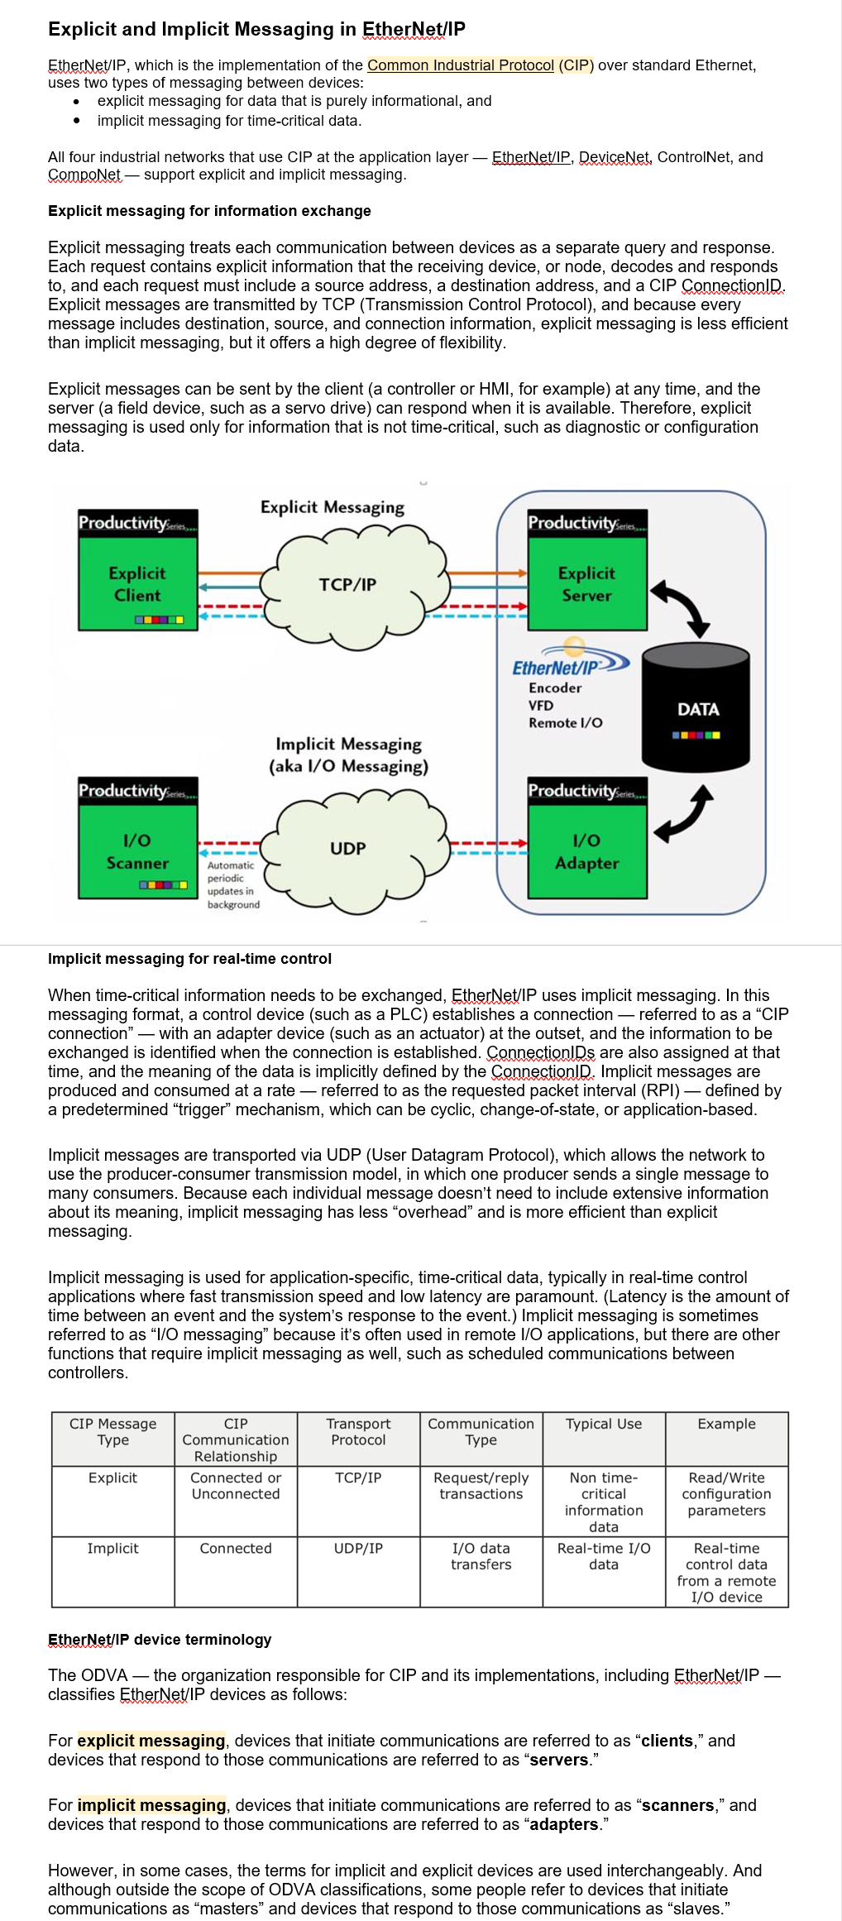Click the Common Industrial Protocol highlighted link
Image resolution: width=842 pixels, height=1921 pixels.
(460, 65)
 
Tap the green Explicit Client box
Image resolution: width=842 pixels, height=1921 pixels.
(138, 583)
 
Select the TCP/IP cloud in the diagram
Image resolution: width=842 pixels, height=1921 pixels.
(348, 585)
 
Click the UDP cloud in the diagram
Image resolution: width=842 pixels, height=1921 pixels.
(348, 849)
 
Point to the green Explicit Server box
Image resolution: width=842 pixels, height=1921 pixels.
(587, 583)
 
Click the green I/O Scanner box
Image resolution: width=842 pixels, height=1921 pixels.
(138, 851)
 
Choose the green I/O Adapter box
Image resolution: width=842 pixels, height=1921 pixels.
(587, 851)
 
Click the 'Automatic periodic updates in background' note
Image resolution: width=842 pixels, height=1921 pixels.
(232, 884)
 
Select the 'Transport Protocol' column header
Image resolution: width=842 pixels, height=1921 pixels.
(358, 1432)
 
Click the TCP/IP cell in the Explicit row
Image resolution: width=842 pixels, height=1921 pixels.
(358, 1478)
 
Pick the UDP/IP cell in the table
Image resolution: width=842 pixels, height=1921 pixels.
(358, 1548)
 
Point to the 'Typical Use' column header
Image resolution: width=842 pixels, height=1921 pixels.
(604, 1424)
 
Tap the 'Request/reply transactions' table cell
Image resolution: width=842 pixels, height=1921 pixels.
(481, 1486)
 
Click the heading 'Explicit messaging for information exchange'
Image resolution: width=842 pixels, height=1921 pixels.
(209, 211)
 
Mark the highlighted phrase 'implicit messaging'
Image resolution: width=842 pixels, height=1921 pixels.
(151, 1805)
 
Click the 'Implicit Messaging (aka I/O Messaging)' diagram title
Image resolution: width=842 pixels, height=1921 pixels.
(348, 755)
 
